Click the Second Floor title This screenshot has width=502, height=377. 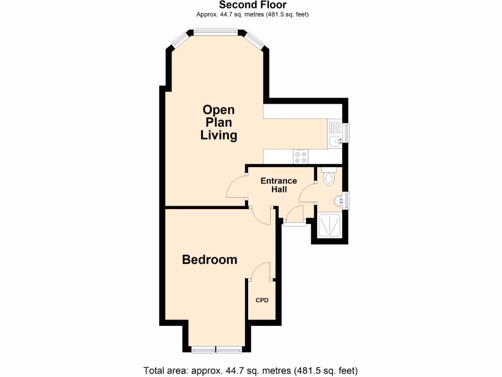click(252, 5)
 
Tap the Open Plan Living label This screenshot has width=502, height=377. click(219, 123)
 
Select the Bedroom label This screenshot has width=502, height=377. click(209, 259)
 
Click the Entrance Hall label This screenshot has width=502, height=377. click(278, 185)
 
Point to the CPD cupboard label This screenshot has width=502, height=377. click(262, 300)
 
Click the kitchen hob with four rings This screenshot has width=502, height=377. click(301, 157)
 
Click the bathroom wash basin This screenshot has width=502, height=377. click(338, 200)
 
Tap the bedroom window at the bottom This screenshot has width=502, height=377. click(216, 350)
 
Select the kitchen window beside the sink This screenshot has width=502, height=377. click(347, 133)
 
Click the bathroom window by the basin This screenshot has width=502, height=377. click(347, 200)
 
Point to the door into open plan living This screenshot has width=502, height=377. click(235, 188)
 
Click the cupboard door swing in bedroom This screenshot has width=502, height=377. click(260, 271)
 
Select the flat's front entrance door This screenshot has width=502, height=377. click(294, 216)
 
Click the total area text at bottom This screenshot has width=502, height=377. click(251, 370)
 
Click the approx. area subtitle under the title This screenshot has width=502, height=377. click(252, 14)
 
